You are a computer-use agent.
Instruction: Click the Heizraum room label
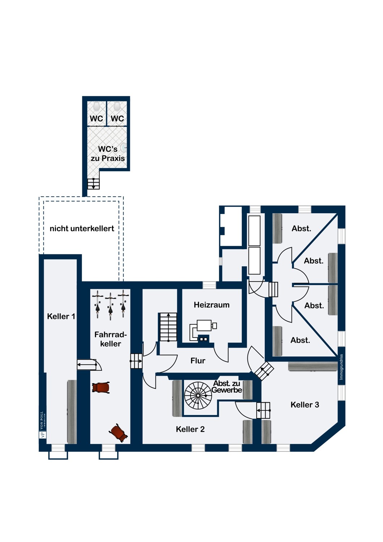pos(211,305)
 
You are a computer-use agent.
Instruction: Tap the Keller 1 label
pos(61,316)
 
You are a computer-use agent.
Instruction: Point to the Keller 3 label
pos(305,405)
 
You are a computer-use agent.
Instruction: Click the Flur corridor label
pos(198,361)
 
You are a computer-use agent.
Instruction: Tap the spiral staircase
pos(198,395)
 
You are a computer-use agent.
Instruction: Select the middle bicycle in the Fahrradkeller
pos(110,306)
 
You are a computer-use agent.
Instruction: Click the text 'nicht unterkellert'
pos(82,228)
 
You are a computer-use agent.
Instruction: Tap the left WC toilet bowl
pos(96,106)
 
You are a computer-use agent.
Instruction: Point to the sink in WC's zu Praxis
pos(124,147)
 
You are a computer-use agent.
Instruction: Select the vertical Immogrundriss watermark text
pos(341,367)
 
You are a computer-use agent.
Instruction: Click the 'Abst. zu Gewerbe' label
pos(227,387)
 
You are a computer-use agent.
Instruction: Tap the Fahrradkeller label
pos(111,339)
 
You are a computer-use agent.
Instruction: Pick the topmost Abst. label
pos(301,228)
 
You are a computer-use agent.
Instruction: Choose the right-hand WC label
pos(117,119)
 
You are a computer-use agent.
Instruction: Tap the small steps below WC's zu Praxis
pos(93,184)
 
